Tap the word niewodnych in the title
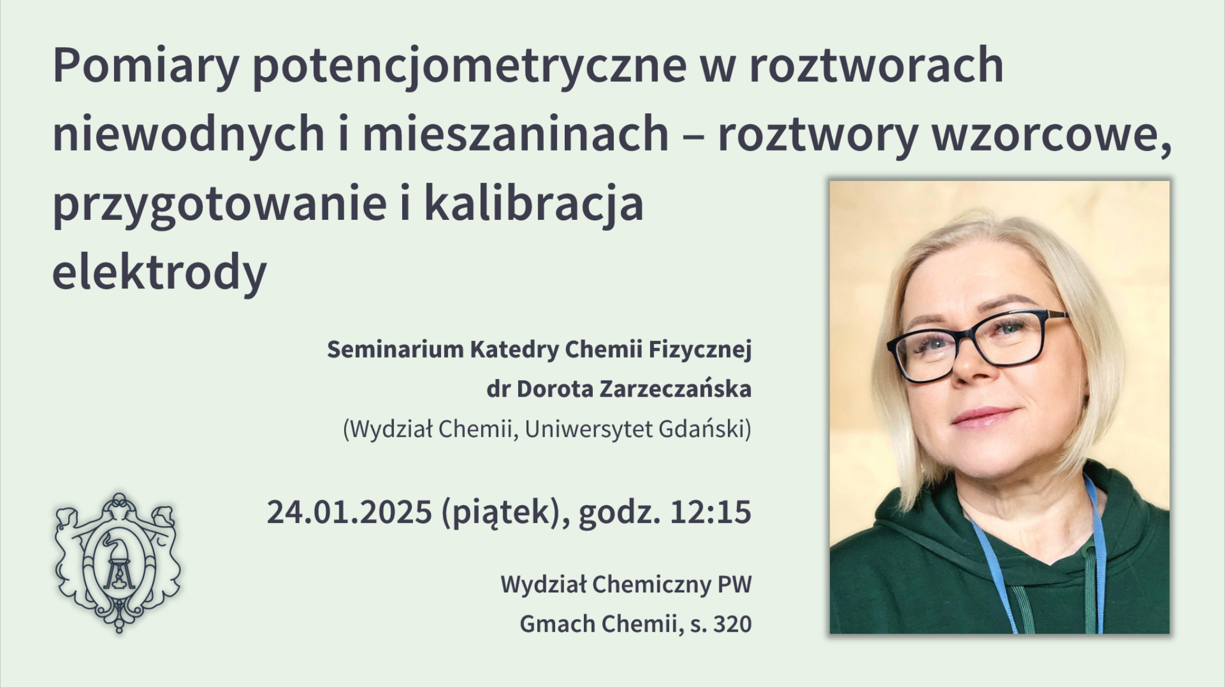pyautogui.click(x=188, y=135)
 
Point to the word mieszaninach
pyautogui.click(x=515, y=134)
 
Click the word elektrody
pyautogui.click(x=160, y=272)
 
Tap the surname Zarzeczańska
pyautogui.click(x=675, y=389)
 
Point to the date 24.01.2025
pyautogui.click(x=350, y=512)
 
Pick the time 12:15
pyautogui.click(x=710, y=512)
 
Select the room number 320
pyautogui.click(x=733, y=625)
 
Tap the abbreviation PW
pyautogui.click(x=734, y=585)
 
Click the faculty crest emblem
pyautogui.click(x=118, y=562)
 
